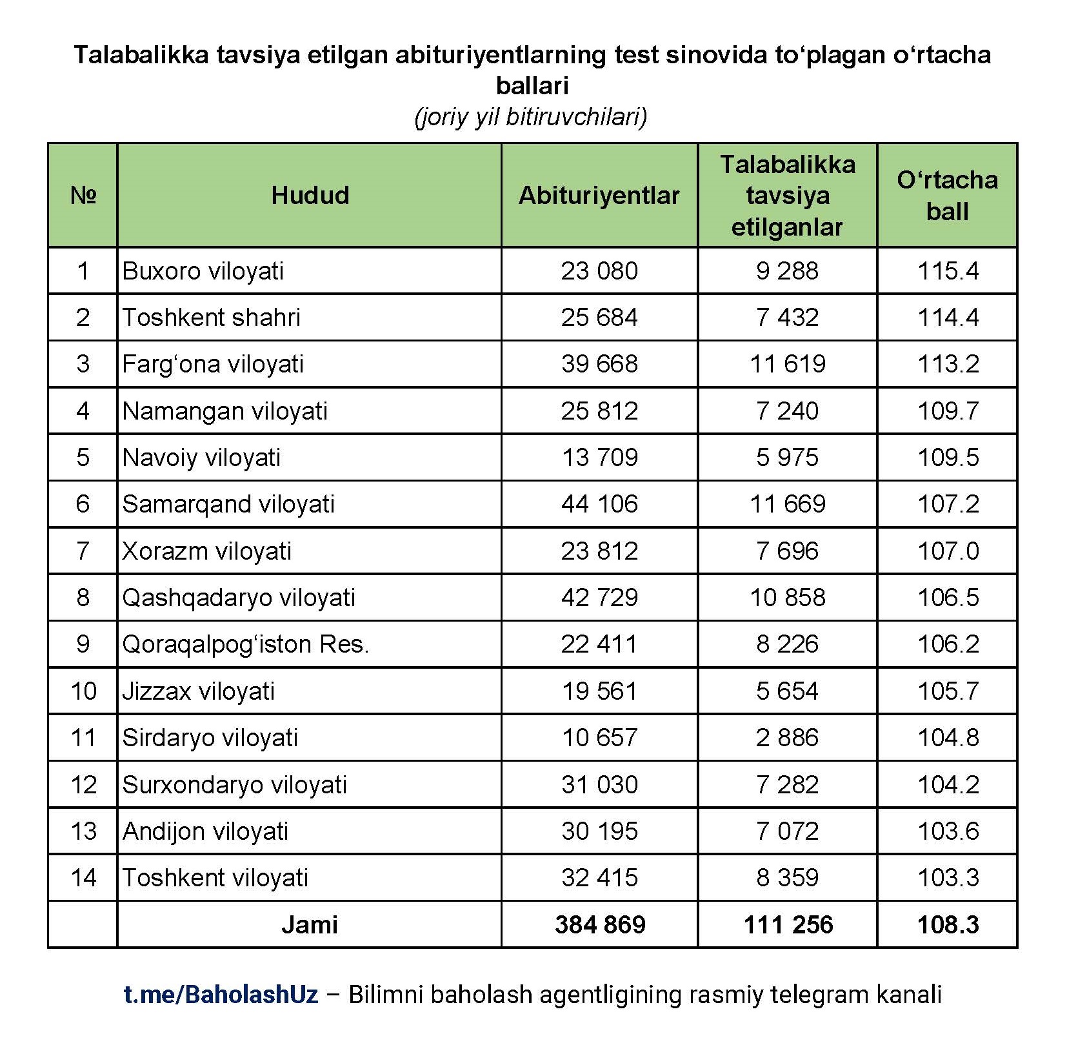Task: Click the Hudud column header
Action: click(x=310, y=195)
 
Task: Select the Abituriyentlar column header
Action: click(x=599, y=196)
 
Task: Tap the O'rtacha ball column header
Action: click(x=947, y=195)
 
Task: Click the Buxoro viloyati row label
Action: click(x=203, y=271)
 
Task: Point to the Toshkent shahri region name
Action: click(x=212, y=318)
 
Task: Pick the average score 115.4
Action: click(x=948, y=271)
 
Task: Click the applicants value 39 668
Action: click(x=599, y=364)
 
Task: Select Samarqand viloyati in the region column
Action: click(x=228, y=504)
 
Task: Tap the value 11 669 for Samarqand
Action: click(x=787, y=504)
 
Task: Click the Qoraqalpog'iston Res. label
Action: click(x=246, y=644)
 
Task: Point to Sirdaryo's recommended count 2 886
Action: click(x=787, y=737)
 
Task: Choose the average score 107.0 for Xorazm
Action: click(x=948, y=551)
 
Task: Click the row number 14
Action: click(x=83, y=878)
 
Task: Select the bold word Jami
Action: click(x=310, y=925)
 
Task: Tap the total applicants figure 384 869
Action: click(x=600, y=925)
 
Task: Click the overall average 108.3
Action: click(x=948, y=925)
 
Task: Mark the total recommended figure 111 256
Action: click(x=788, y=925)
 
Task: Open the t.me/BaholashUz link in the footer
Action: click(x=221, y=995)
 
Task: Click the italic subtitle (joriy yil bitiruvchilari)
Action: click(x=531, y=117)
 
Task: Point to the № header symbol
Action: click(x=83, y=195)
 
